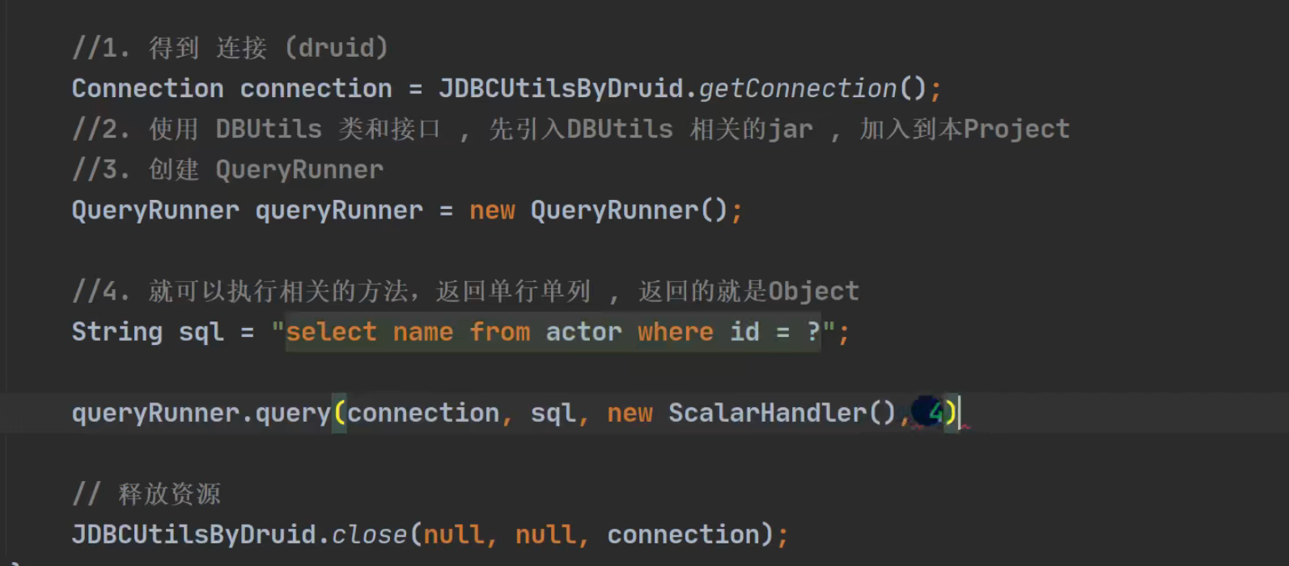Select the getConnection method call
797,89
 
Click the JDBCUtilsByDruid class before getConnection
562,89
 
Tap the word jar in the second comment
790,130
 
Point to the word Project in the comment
1016,130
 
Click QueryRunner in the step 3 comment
299,170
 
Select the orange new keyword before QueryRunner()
492,211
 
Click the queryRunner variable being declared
339,211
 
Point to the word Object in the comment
813,292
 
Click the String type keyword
117,332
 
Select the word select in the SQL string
331,332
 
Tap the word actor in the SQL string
583,332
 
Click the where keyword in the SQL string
675,332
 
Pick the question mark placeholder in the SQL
814,332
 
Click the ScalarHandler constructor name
767,414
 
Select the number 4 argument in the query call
935,414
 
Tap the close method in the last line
369,535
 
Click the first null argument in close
454,535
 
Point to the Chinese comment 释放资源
169,494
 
